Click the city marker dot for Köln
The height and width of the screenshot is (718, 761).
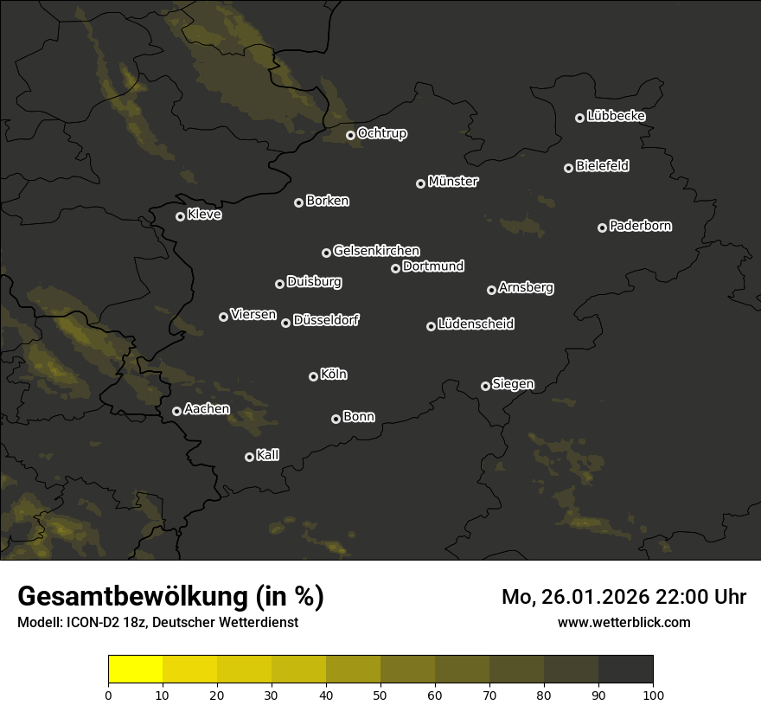[x=313, y=376]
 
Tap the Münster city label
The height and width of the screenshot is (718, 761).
[x=452, y=182]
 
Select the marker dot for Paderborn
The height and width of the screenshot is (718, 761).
[x=602, y=228]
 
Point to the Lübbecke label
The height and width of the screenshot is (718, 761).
[x=616, y=116]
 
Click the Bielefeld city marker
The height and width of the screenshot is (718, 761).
[x=568, y=168]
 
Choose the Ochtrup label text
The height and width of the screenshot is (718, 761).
[x=381, y=133]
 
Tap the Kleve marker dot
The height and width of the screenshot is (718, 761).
[x=180, y=216]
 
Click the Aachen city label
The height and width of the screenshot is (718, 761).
[x=207, y=409]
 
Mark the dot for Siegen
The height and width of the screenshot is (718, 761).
[x=485, y=386]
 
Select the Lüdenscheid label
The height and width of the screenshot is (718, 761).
[x=476, y=324]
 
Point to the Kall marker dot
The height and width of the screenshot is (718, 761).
[x=249, y=457]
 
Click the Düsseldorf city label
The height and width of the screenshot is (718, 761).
[x=326, y=320]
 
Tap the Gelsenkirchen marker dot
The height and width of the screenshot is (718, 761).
[x=326, y=253]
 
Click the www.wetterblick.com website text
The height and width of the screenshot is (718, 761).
[x=624, y=622]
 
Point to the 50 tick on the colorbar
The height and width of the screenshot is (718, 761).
[x=380, y=695]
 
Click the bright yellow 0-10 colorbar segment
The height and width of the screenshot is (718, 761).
[x=136, y=670]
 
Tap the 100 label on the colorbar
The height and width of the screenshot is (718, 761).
[x=653, y=695]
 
